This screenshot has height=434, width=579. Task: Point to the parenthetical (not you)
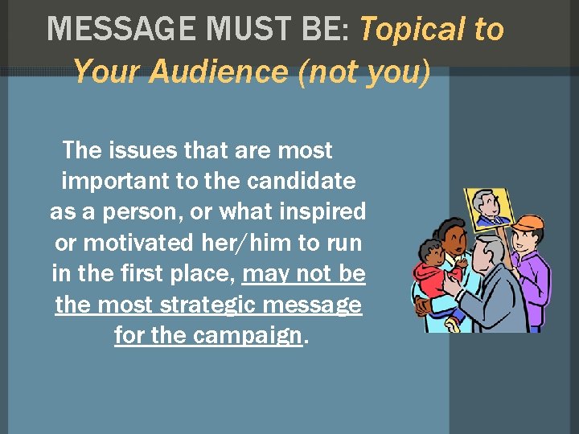coord(363,72)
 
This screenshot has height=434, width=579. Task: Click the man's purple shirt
coord(535,277)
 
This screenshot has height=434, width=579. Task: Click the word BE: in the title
coord(326,30)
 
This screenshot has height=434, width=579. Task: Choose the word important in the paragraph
coord(114,181)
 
